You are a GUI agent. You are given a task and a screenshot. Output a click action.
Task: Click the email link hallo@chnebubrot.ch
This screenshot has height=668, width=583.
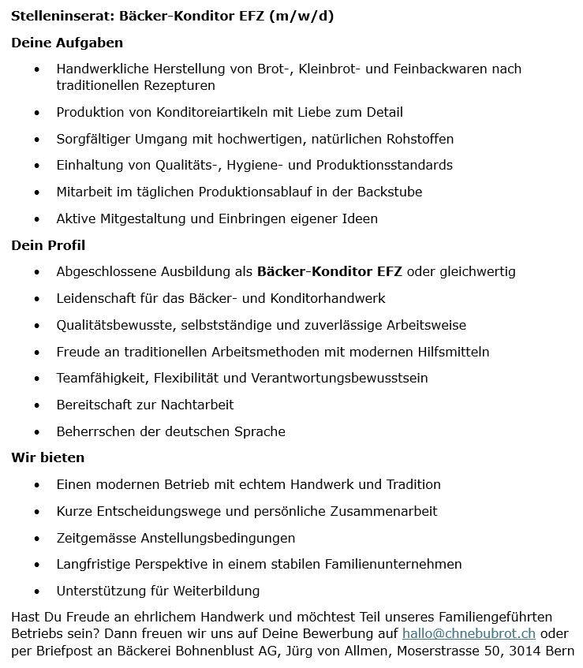tap(469, 633)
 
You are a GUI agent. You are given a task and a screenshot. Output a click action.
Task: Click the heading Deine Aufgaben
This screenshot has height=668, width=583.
tap(67, 43)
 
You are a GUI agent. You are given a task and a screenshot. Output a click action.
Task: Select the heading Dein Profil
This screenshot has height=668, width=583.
tap(48, 245)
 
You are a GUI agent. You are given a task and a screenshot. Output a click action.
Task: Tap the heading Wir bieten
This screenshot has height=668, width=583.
tap(48, 457)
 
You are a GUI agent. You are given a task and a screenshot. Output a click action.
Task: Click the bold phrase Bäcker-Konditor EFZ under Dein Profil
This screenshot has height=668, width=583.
tap(329, 272)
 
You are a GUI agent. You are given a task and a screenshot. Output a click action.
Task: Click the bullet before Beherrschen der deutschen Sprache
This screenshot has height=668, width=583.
tap(36, 432)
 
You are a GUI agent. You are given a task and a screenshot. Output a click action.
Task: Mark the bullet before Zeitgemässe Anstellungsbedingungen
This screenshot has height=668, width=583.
tap(36, 539)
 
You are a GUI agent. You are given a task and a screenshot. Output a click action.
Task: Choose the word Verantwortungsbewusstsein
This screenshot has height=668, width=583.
tap(339, 378)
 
